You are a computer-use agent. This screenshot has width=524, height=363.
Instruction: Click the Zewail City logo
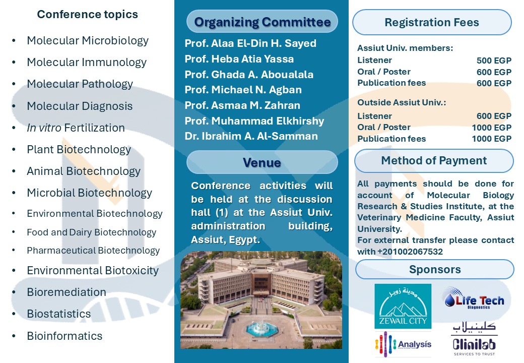pos(403,306)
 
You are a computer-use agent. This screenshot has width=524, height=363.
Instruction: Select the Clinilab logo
pos(474,339)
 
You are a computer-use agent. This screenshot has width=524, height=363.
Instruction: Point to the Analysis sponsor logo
pos(403,344)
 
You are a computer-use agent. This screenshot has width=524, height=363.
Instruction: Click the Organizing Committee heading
pos(262,22)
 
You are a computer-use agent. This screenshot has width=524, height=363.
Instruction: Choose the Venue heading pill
pos(262,162)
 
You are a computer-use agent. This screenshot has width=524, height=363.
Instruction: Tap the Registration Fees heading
pos(432,23)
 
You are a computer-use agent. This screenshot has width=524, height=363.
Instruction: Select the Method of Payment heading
pos(434,161)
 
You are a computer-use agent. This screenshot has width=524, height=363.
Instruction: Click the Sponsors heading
pos(435,269)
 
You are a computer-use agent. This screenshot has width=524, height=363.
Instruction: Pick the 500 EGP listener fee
pos(494,61)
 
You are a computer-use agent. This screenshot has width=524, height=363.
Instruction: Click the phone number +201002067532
pos(410,252)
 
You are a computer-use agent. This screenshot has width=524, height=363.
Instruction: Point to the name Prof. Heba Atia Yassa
pos(239,59)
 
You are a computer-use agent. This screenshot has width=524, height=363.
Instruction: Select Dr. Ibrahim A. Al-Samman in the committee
pos(251,136)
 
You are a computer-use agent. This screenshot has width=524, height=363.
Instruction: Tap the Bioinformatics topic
pos(64,336)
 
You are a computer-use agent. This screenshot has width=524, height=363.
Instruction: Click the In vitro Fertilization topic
pos(76,128)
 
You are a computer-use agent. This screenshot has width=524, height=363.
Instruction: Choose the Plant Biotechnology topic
pos(79,149)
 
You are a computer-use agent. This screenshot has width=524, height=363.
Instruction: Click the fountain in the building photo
pos(260,326)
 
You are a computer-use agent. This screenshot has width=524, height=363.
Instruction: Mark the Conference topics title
pos(88,14)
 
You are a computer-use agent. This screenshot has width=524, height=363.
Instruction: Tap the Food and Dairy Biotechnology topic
pos(91,232)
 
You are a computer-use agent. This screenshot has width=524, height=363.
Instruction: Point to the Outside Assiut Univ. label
pos(402,102)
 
